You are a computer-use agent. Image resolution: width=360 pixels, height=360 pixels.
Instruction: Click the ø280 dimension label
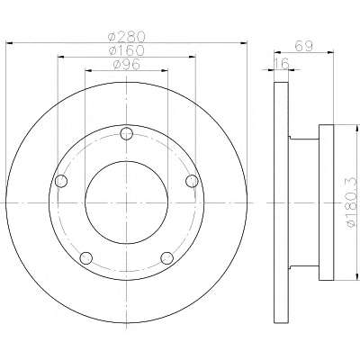pos(127,37)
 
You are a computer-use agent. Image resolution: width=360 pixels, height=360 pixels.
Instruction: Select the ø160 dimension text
pos(127,49)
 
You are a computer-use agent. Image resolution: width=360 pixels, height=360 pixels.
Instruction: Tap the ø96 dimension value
pos(127,64)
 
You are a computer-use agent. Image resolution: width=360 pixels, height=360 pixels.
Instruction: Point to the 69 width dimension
pos(304,46)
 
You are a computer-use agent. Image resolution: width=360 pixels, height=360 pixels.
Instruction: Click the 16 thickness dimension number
pos(282,63)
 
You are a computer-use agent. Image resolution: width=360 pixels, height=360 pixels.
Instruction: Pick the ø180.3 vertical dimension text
pos(353,202)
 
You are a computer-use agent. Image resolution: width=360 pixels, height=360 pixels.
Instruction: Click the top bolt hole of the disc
pos(126,133)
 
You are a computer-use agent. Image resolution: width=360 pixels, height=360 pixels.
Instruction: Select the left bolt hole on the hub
pos(61,181)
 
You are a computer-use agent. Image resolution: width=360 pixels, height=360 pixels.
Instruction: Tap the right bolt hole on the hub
pos(192,181)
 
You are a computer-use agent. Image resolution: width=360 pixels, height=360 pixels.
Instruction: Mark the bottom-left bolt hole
pos(86,258)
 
